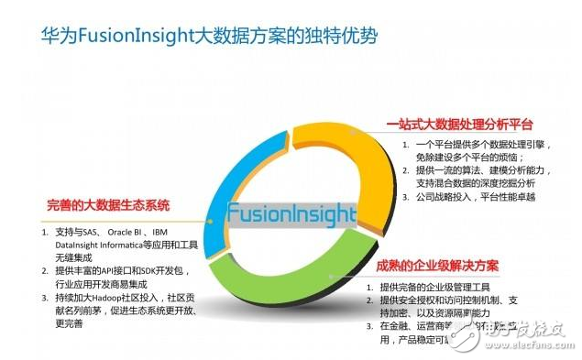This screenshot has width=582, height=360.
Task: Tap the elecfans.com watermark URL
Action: coord(531,346)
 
